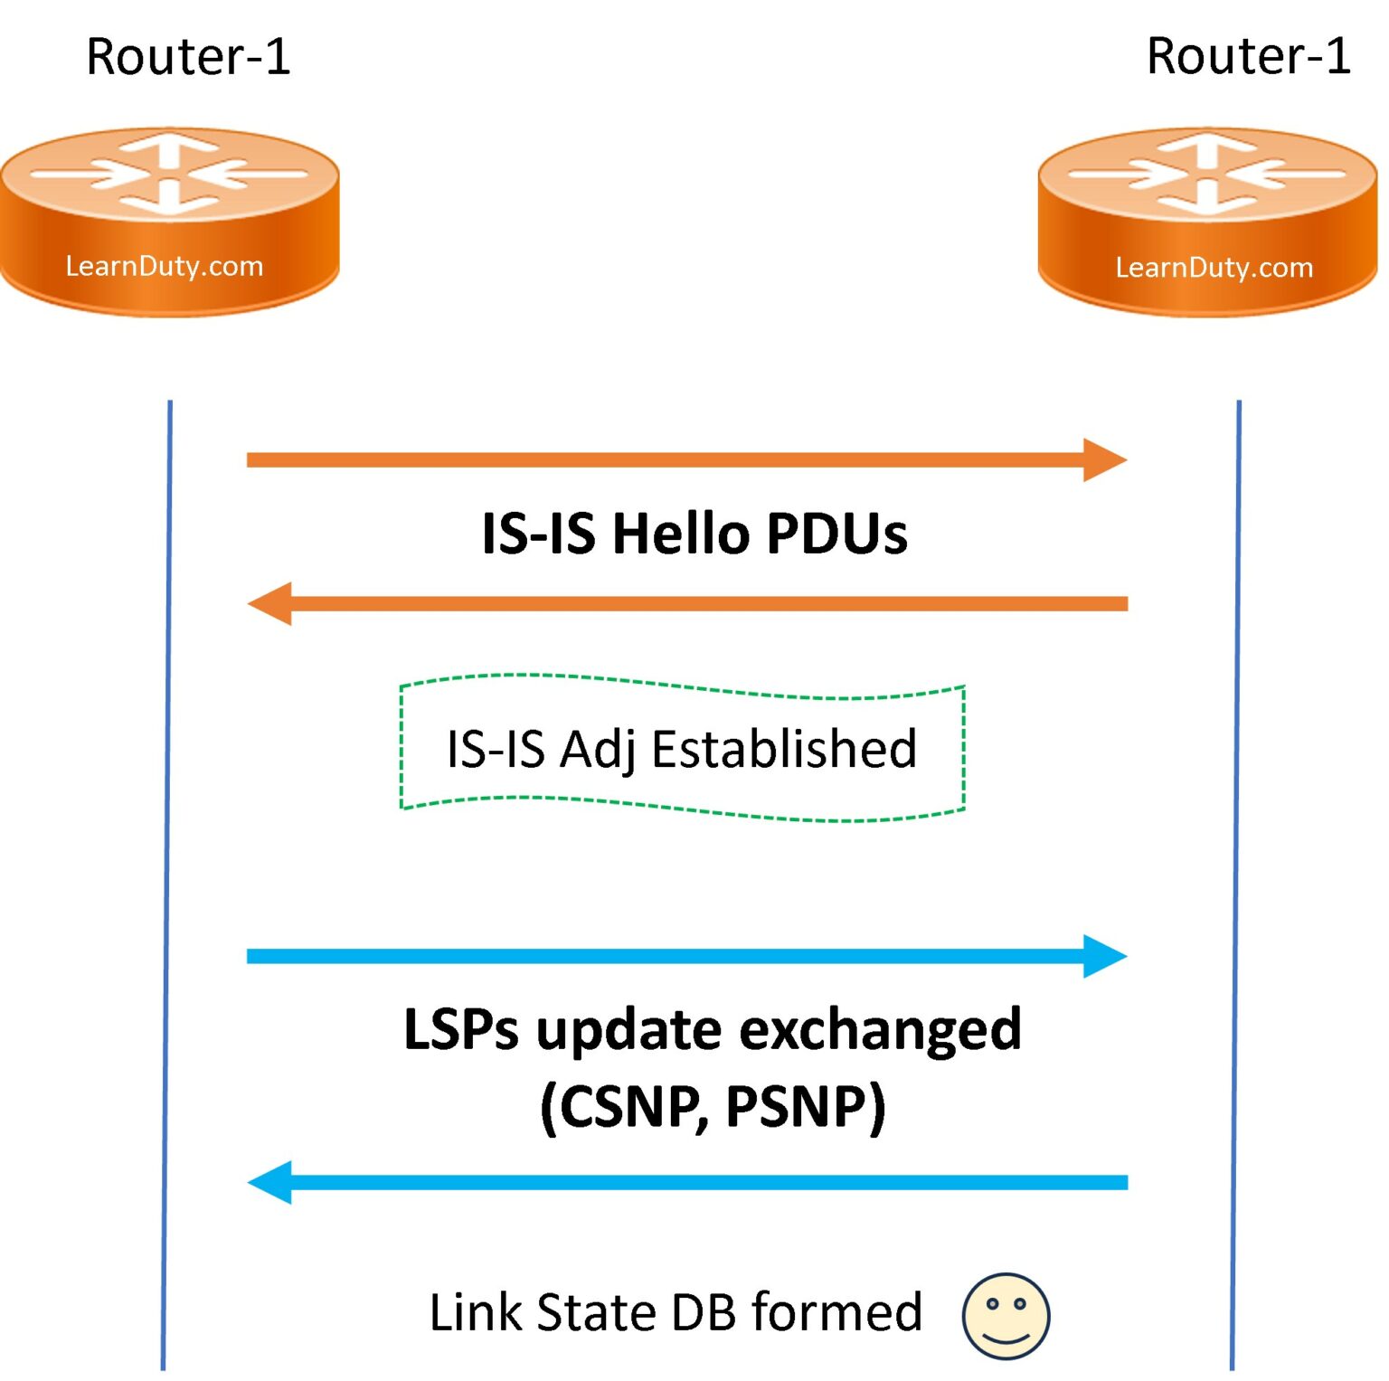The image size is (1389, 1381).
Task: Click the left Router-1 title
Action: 188,56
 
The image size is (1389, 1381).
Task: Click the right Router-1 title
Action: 1248,56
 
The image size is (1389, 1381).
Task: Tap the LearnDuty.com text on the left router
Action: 165,266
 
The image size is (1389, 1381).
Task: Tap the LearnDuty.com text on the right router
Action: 1214,268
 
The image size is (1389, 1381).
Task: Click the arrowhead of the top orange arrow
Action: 1104,460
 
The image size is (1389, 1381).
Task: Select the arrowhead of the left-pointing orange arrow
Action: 270,603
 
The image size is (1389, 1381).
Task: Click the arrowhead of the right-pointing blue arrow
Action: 1104,956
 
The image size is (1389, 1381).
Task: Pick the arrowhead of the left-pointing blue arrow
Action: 270,1182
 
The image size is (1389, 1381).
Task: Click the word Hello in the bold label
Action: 681,534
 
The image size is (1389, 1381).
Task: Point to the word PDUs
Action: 836,534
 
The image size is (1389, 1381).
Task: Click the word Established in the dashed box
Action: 784,749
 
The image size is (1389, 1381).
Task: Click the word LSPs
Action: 461,1029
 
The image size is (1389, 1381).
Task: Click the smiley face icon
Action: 1006,1316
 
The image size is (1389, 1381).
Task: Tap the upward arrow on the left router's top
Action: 169,147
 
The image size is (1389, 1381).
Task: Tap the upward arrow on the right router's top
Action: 1206,147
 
